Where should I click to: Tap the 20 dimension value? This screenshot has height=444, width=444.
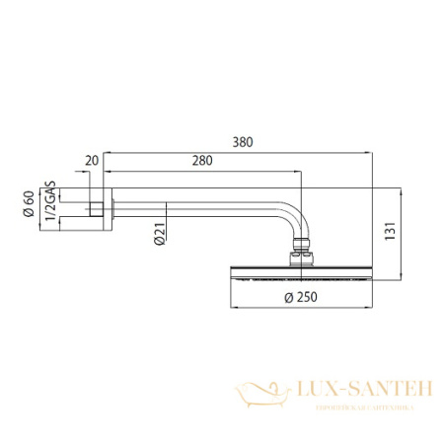pyautogui.click(x=93, y=160)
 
